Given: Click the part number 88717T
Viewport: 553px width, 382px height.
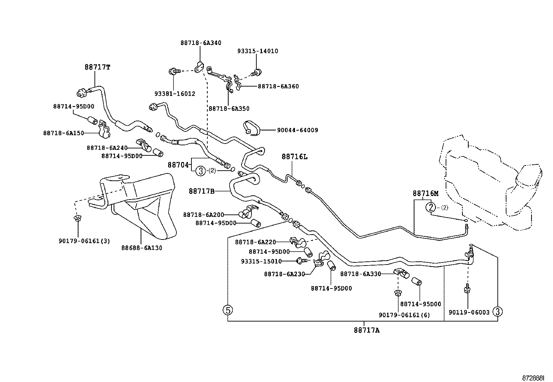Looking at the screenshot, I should click(x=97, y=67).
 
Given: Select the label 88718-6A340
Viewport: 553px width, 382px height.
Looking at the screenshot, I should click(x=201, y=43).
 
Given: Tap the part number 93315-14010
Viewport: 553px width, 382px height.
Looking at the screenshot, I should click(x=257, y=51).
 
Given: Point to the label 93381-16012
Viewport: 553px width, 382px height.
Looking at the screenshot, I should click(x=175, y=94).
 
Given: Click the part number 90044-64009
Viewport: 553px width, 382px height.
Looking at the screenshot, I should click(x=297, y=130).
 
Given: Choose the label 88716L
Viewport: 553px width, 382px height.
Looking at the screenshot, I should click(x=294, y=157).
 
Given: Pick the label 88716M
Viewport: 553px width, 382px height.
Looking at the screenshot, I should click(x=426, y=193).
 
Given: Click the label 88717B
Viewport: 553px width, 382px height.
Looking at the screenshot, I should click(x=202, y=191).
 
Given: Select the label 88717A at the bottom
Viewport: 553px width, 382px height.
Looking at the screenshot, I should click(x=366, y=330).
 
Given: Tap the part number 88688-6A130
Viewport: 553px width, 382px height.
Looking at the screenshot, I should click(x=142, y=248).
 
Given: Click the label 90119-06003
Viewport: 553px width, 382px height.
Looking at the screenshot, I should click(x=469, y=312).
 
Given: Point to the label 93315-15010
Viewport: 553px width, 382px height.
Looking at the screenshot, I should click(x=261, y=261).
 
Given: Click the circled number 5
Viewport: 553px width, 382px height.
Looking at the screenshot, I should click(x=228, y=310).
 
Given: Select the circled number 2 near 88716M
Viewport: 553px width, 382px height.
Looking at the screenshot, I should click(x=431, y=208).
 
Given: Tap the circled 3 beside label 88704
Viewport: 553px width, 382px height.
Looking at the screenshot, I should click(x=200, y=171).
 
